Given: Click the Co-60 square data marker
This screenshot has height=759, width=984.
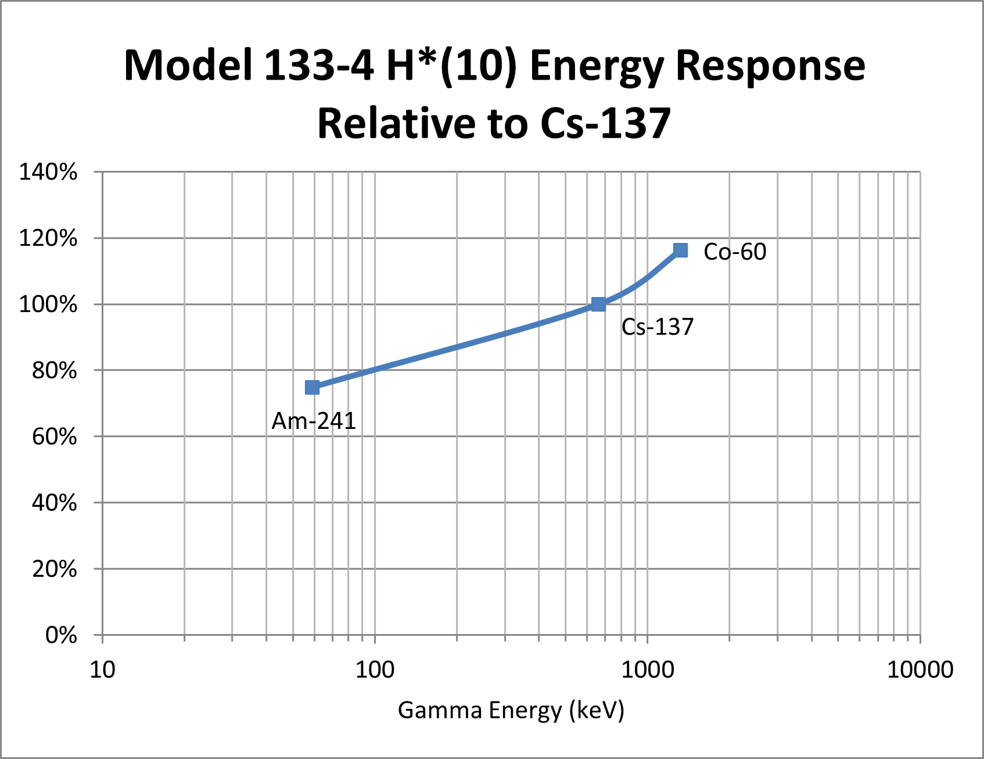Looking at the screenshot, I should (680, 250).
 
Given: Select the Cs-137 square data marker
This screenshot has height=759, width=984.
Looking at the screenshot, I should (598, 304).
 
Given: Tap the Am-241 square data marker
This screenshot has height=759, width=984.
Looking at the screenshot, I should (312, 387).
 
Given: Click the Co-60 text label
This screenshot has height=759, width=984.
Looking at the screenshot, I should (735, 252).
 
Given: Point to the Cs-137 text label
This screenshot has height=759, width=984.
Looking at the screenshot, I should (658, 327).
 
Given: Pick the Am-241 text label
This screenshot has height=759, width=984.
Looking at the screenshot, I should (314, 421).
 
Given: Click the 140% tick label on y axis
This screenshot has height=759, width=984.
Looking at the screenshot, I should (48, 172).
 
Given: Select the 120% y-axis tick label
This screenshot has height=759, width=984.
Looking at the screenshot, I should (48, 238).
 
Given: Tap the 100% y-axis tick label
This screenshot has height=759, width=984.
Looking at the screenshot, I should (48, 304).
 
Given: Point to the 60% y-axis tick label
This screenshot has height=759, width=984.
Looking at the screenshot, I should (54, 436).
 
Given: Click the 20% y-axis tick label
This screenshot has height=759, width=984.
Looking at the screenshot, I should (54, 569).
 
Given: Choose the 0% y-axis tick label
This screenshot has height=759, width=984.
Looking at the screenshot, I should (61, 635).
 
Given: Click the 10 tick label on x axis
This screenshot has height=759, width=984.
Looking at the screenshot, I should (103, 670).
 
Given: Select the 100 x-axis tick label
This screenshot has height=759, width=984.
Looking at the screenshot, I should (375, 670).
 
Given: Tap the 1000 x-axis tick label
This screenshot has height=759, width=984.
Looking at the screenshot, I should (648, 670).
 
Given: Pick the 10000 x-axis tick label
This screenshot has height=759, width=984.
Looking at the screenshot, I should (920, 670).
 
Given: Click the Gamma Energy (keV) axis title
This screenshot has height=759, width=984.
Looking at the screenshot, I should (511, 710).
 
